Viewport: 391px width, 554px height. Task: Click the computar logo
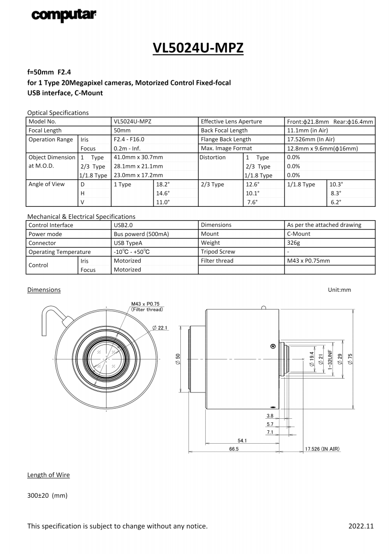(64, 15)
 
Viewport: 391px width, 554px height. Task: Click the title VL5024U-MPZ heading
(198, 48)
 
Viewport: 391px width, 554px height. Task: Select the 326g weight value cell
(294, 243)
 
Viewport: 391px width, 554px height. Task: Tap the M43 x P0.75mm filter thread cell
(308, 261)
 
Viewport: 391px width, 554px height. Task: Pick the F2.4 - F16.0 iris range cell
(129, 139)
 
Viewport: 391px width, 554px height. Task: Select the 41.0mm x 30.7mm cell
(138, 157)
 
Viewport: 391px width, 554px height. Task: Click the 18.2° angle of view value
(163, 184)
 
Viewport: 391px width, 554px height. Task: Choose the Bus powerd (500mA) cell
(141, 234)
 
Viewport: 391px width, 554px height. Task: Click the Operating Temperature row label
(59, 252)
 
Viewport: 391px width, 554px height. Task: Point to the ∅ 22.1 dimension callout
(160, 328)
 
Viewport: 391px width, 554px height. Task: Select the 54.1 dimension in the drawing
(242, 440)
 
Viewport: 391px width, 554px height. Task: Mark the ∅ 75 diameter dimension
(350, 359)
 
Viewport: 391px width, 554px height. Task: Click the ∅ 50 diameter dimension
(178, 359)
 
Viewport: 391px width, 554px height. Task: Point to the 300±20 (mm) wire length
(47, 496)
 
